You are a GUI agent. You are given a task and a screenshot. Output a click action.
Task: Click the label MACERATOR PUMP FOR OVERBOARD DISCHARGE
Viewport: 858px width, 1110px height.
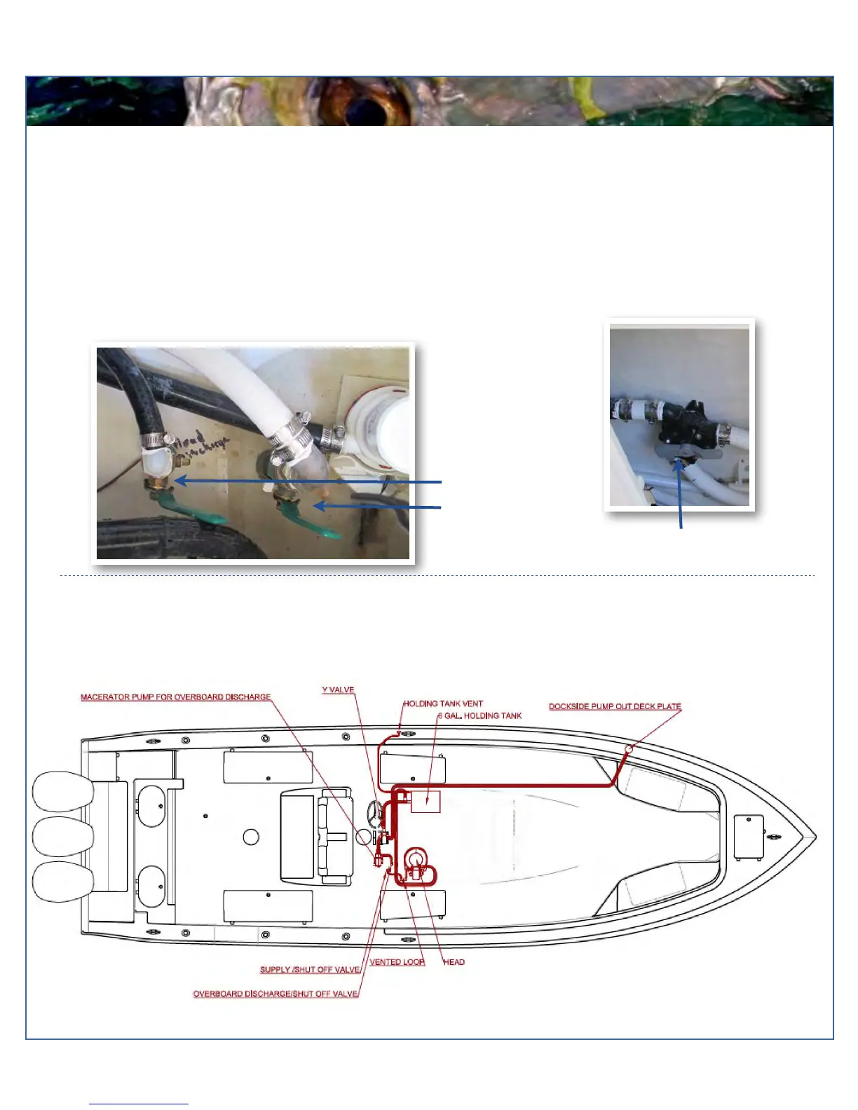pyautogui.click(x=175, y=697)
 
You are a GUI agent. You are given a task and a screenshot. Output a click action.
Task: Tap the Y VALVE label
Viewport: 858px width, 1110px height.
pyautogui.click(x=338, y=690)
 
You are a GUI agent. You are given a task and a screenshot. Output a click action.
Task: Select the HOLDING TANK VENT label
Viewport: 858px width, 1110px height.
pyautogui.click(x=443, y=704)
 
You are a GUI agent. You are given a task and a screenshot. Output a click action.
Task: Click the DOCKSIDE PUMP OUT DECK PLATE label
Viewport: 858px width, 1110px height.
pyautogui.click(x=615, y=706)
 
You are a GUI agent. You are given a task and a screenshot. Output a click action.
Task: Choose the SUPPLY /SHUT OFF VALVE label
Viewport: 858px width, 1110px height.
pyautogui.click(x=310, y=970)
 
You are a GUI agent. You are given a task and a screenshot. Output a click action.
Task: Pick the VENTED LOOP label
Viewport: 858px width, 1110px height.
pyautogui.click(x=397, y=962)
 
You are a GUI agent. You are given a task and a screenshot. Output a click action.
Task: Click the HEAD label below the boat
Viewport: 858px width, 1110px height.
pyautogui.click(x=454, y=962)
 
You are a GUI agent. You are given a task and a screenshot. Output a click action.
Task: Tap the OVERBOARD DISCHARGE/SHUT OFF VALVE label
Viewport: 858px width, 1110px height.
pyautogui.click(x=275, y=994)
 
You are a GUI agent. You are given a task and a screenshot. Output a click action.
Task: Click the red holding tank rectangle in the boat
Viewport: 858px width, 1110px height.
pyautogui.click(x=425, y=802)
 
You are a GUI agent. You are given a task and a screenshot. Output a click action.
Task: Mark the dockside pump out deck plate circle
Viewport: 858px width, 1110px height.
pyautogui.click(x=629, y=749)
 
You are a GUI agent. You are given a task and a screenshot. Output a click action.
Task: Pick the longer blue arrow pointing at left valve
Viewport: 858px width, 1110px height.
pyautogui.click(x=308, y=481)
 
